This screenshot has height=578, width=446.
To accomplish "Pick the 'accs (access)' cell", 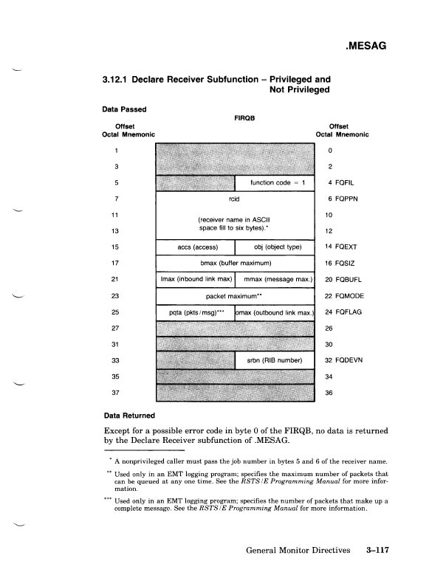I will coord(195,247).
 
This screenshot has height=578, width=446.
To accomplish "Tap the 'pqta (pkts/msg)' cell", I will coord(195,312).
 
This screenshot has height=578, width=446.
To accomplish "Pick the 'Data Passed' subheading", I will coord(123,109).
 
